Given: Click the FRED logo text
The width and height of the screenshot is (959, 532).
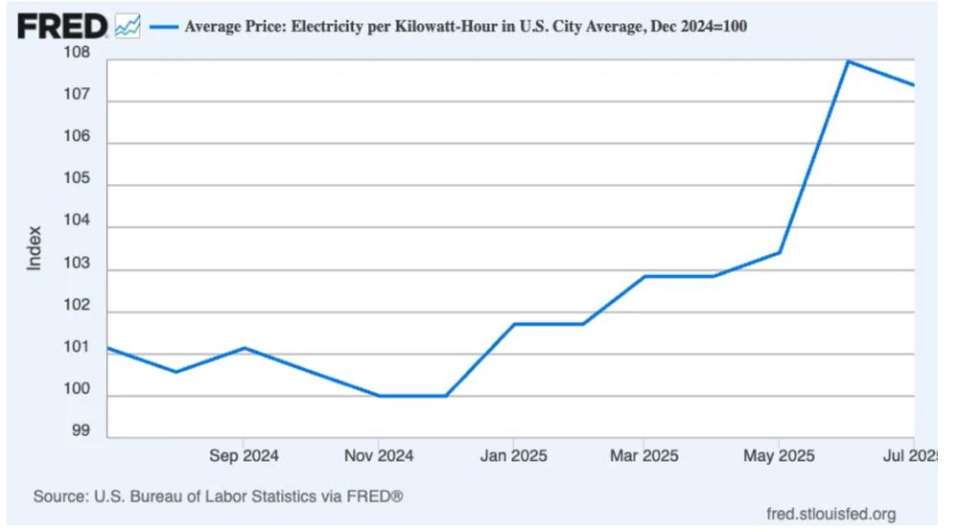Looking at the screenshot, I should click(x=63, y=26).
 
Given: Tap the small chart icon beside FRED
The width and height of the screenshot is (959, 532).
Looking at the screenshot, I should click(x=127, y=27).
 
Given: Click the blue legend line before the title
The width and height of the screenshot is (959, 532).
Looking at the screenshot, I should click(x=164, y=27).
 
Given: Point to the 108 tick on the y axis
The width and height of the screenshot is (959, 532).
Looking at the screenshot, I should click(x=78, y=54).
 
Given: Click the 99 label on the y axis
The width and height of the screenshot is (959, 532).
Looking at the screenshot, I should click(x=82, y=432).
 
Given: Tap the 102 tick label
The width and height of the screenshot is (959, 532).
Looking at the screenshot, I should click(x=78, y=307).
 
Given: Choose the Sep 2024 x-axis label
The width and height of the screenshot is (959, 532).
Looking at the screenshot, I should click(x=244, y=456).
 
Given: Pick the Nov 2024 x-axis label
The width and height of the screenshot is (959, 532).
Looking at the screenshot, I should click(x=378, y=456).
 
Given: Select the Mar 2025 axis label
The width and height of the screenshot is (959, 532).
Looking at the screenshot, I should click(x=643, y=456).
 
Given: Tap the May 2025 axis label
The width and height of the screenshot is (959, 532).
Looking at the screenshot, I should click(x=778, y=456).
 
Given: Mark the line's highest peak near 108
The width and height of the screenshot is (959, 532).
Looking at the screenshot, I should click(x=849, y=60).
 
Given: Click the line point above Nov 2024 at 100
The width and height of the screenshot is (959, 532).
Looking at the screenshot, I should click(x=380, y=396).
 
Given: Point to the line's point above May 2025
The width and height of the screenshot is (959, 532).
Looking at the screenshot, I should click(x=780, y=252).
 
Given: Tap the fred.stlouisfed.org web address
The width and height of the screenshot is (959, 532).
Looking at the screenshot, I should click(x=831, y=515).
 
